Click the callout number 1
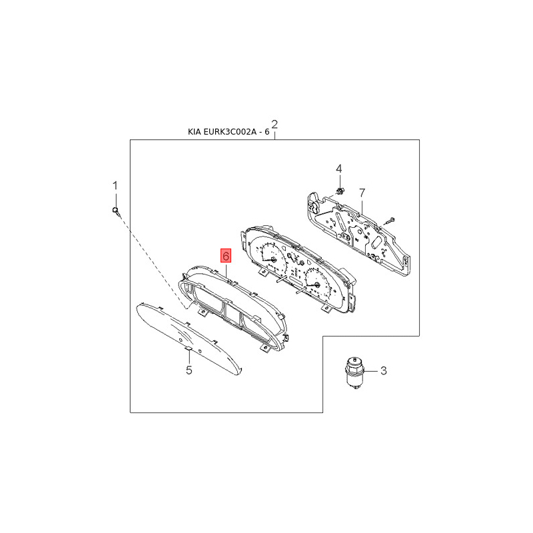(115, 186)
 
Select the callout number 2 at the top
(274, 125)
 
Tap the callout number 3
(383, 370)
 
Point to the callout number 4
(339, 169)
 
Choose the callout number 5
(189, 370)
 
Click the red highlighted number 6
(226, 256)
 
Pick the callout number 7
(362, 193)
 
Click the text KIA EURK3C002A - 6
(229, 132)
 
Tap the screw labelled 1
(116, 211)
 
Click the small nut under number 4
(339, 191)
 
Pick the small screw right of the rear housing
(388, 221)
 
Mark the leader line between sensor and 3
(371, 370)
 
